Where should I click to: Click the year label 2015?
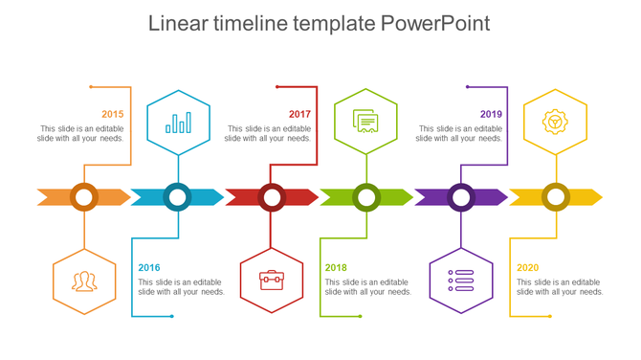(113, 114)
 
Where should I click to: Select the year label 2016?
(149, 268)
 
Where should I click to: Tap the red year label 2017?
(300, 114)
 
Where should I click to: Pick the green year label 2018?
(336, 268)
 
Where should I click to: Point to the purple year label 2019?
(491, 114)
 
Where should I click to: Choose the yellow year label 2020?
(528, 268)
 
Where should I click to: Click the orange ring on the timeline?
(84, 197)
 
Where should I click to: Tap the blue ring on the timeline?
(178, 197)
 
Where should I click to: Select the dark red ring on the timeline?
(272, 197)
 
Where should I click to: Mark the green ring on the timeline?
(366, 197)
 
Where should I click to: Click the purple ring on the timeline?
(461, 197)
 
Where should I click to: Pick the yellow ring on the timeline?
(556, 197)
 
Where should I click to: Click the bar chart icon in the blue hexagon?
(178, 123)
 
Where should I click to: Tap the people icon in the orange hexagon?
(84, 281)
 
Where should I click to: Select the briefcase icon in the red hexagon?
(272, 281)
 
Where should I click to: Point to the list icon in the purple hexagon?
(461, 281)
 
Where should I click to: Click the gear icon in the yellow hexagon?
(555, 122)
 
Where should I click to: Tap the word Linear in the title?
(181, 24)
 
